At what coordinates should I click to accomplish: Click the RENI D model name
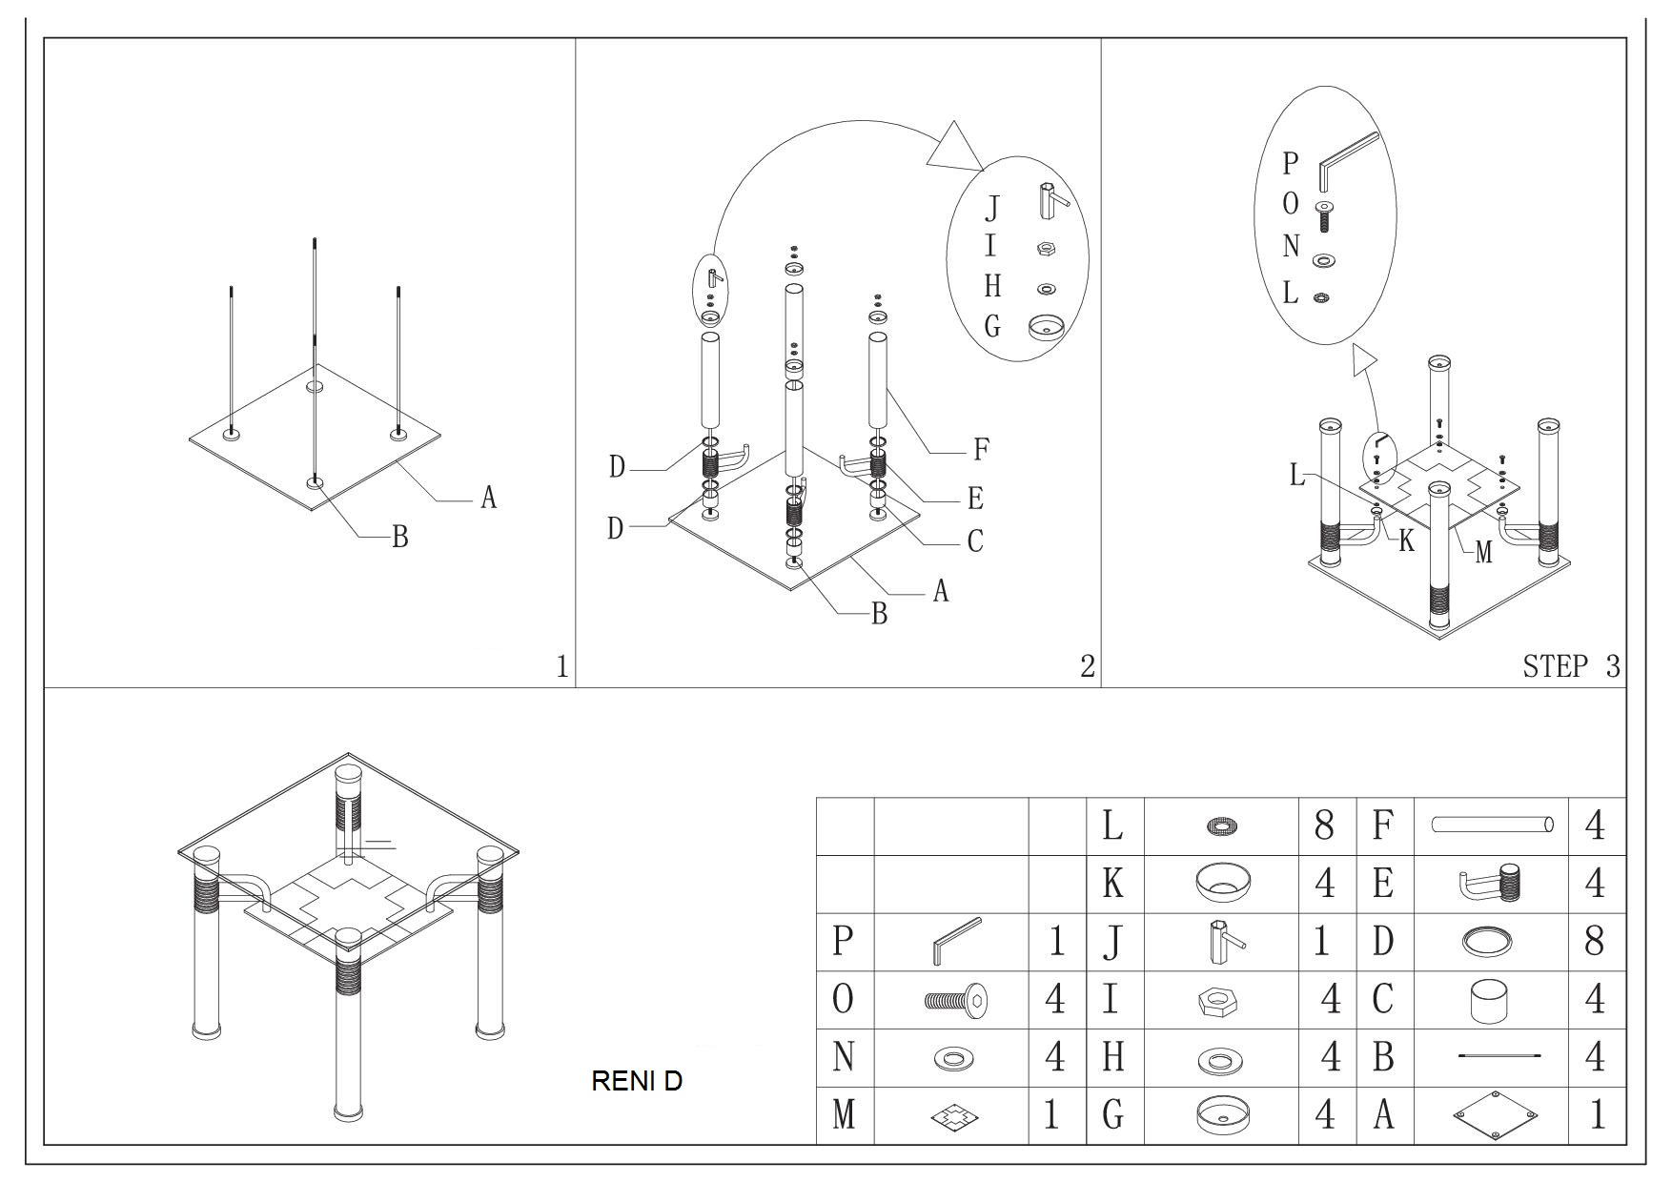(x=637, y=1081)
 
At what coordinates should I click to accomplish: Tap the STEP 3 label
(x=1570, y=666)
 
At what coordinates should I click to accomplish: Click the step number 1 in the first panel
(x=562, y=666)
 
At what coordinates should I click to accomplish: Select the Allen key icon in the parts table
(x=955, y=942)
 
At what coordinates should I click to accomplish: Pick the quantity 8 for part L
(x=1324, y=825)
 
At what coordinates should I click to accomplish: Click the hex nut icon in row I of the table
(x=1216, y=1001)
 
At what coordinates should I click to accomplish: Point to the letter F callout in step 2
(x=980, y=448)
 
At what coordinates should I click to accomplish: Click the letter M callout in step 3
(x=1482, y=552)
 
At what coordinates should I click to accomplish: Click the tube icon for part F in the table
(x=1492, y=825)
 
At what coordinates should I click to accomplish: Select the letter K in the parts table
(x=1112, y=884)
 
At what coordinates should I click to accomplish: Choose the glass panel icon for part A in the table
(x=1495, y=1114)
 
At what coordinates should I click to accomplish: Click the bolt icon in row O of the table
(x=956, y=1000)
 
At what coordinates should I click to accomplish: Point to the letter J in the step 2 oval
(x=992, y=207)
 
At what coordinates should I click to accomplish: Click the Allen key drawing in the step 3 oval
(x=1346, y=163)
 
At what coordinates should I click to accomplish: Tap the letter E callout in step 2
(x=975, y=499)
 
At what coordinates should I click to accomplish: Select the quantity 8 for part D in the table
(x=1594, y=942)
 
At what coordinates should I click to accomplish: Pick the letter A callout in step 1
(x=488, y=498)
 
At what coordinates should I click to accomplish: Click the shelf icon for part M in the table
(x=956, y=1115)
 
